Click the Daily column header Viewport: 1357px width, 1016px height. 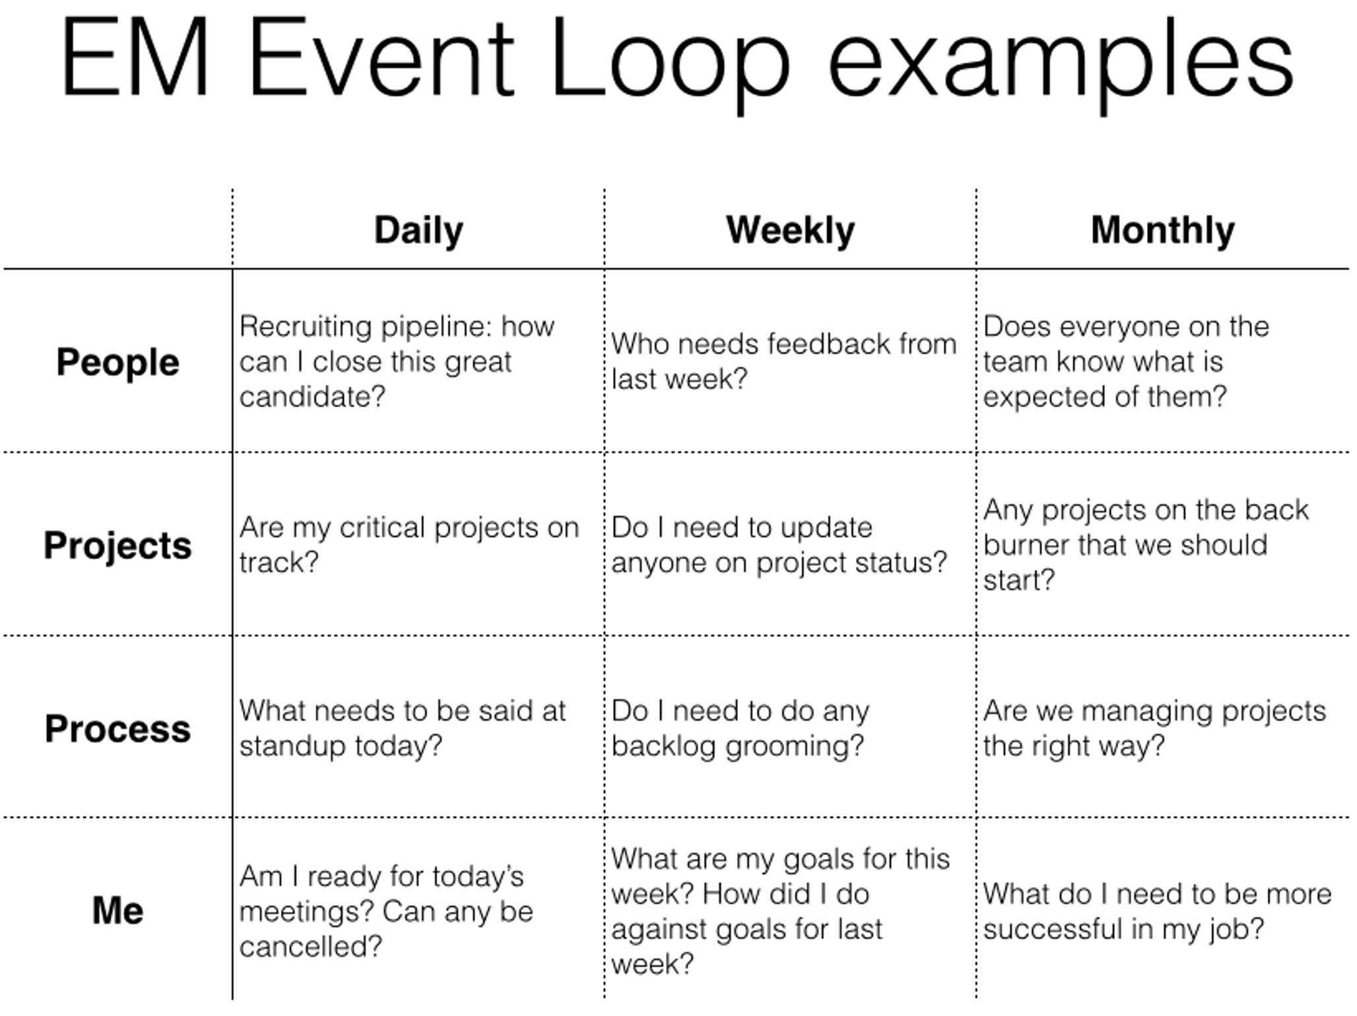[x=418, y=231]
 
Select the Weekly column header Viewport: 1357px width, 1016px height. [x=790, y=230]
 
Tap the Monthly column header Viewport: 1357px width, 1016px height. [x=1162, y=230]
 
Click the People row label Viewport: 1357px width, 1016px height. [x=117, y=363]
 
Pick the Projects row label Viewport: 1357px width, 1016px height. [x=117, y=546]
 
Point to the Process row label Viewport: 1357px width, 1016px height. [x=117, y=729]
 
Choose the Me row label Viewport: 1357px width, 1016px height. [x=117, y=910]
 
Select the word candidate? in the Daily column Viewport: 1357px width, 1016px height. [x=312, y=397]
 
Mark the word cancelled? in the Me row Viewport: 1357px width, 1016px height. [x=311, y=947]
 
